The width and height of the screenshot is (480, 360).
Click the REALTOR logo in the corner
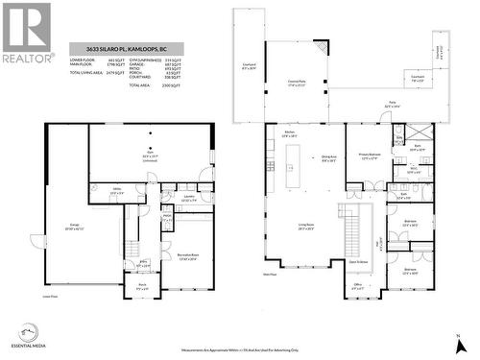click(x=26, y=31)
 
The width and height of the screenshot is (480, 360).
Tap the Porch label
click(x=141, y=284)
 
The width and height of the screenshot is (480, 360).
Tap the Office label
click(x=356, y=285)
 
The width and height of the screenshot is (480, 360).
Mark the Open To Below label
click(x=358, y=260)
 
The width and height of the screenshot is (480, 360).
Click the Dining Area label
click(x=328, y=157)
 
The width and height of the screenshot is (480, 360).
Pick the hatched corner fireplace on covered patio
click(x=321, y=47)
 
